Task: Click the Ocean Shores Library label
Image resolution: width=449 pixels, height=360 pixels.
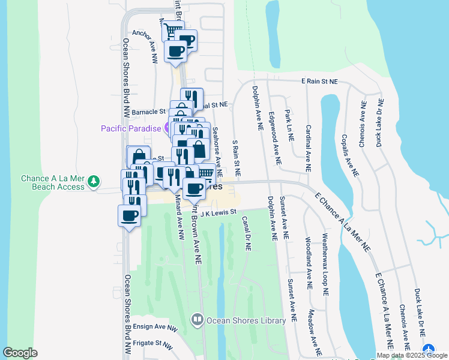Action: click(x=246, y=320)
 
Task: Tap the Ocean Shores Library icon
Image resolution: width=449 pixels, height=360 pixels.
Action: click(x=197, y=320)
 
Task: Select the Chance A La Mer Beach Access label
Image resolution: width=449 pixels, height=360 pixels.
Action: click(x=53, y=182)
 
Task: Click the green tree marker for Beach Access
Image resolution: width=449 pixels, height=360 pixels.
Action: click(x=93, y=180)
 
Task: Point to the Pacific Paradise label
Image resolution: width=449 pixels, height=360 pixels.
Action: click(x=131, y=128)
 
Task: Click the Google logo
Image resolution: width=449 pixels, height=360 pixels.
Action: click(x=20, y=353)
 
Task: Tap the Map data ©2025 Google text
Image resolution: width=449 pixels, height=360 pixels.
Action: click(x=412, y=355)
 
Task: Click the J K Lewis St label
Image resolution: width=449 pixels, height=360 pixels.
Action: click(x=219, y=212)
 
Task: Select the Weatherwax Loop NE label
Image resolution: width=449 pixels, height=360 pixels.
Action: click(x=325, y=264)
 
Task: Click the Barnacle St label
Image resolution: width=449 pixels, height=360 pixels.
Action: click(x=148, y=112)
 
